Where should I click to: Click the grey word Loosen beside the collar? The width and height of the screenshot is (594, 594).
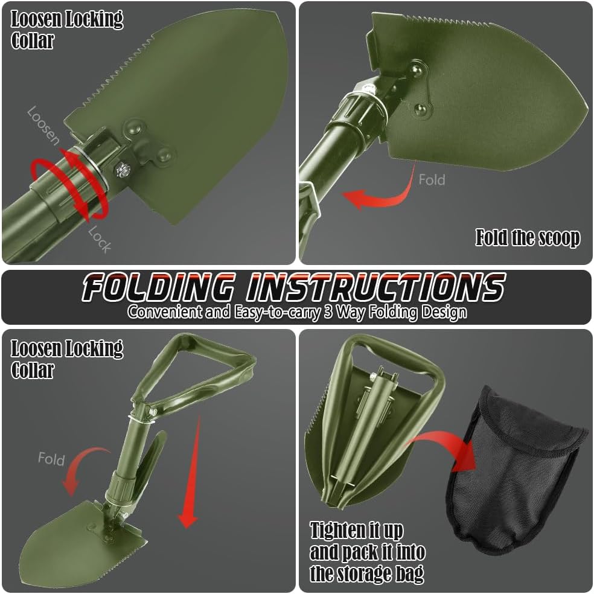[43, 126]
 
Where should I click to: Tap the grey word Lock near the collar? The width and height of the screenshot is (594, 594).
[100, 240]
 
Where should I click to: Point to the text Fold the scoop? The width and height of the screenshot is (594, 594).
[528, 238]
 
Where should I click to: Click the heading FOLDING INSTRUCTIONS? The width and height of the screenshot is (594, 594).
[293, 287]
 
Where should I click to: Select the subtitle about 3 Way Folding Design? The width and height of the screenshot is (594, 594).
[297, 313]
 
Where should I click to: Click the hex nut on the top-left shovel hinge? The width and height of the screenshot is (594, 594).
[123, 170]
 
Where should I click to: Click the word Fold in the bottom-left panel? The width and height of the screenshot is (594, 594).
[51, 459]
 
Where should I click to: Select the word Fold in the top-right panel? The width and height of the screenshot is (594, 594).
[432, 179]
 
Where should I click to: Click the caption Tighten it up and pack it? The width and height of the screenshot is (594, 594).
[367, 552]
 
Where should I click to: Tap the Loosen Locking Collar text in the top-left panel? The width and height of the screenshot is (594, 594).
[66, 30]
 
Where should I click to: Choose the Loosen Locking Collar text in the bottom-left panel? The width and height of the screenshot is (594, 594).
[66, 359]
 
